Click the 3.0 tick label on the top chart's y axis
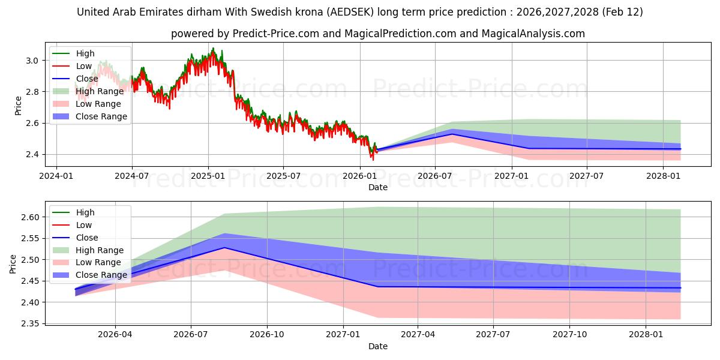pyautogui.click(x=33, y=61)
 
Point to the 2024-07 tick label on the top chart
pyautogui.click(x=131, y=176)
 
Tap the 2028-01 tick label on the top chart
pyautogui.click(x=663, y=176)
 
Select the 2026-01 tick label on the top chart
pyautogui.click(x=359, y=176)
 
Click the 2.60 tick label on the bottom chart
pyautogui.click(x=29, y=217)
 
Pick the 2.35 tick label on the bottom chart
pyautogui.click(x=29, y=323)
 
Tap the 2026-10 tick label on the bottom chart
pyautogui.click(x=266, y=335)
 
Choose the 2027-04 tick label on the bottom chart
pyautogui.click(x=418, y=335)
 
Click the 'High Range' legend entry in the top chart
pyautogui.click(x=100, y=91)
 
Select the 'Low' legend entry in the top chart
pyautogui.click(x=85, y=66)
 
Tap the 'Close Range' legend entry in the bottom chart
pyautogui.click(x=101, y=275)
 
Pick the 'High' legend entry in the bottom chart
pyautogui.click(x=85, y=212)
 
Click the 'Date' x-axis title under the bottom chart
pyautogui.click(x=378, y=346)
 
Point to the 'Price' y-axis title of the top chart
pyautogui.click(x=18, y=105)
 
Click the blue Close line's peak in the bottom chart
pyautogui.click(x=224, y=247)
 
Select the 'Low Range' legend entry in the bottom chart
pyautogui.click(x=98, y=262)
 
